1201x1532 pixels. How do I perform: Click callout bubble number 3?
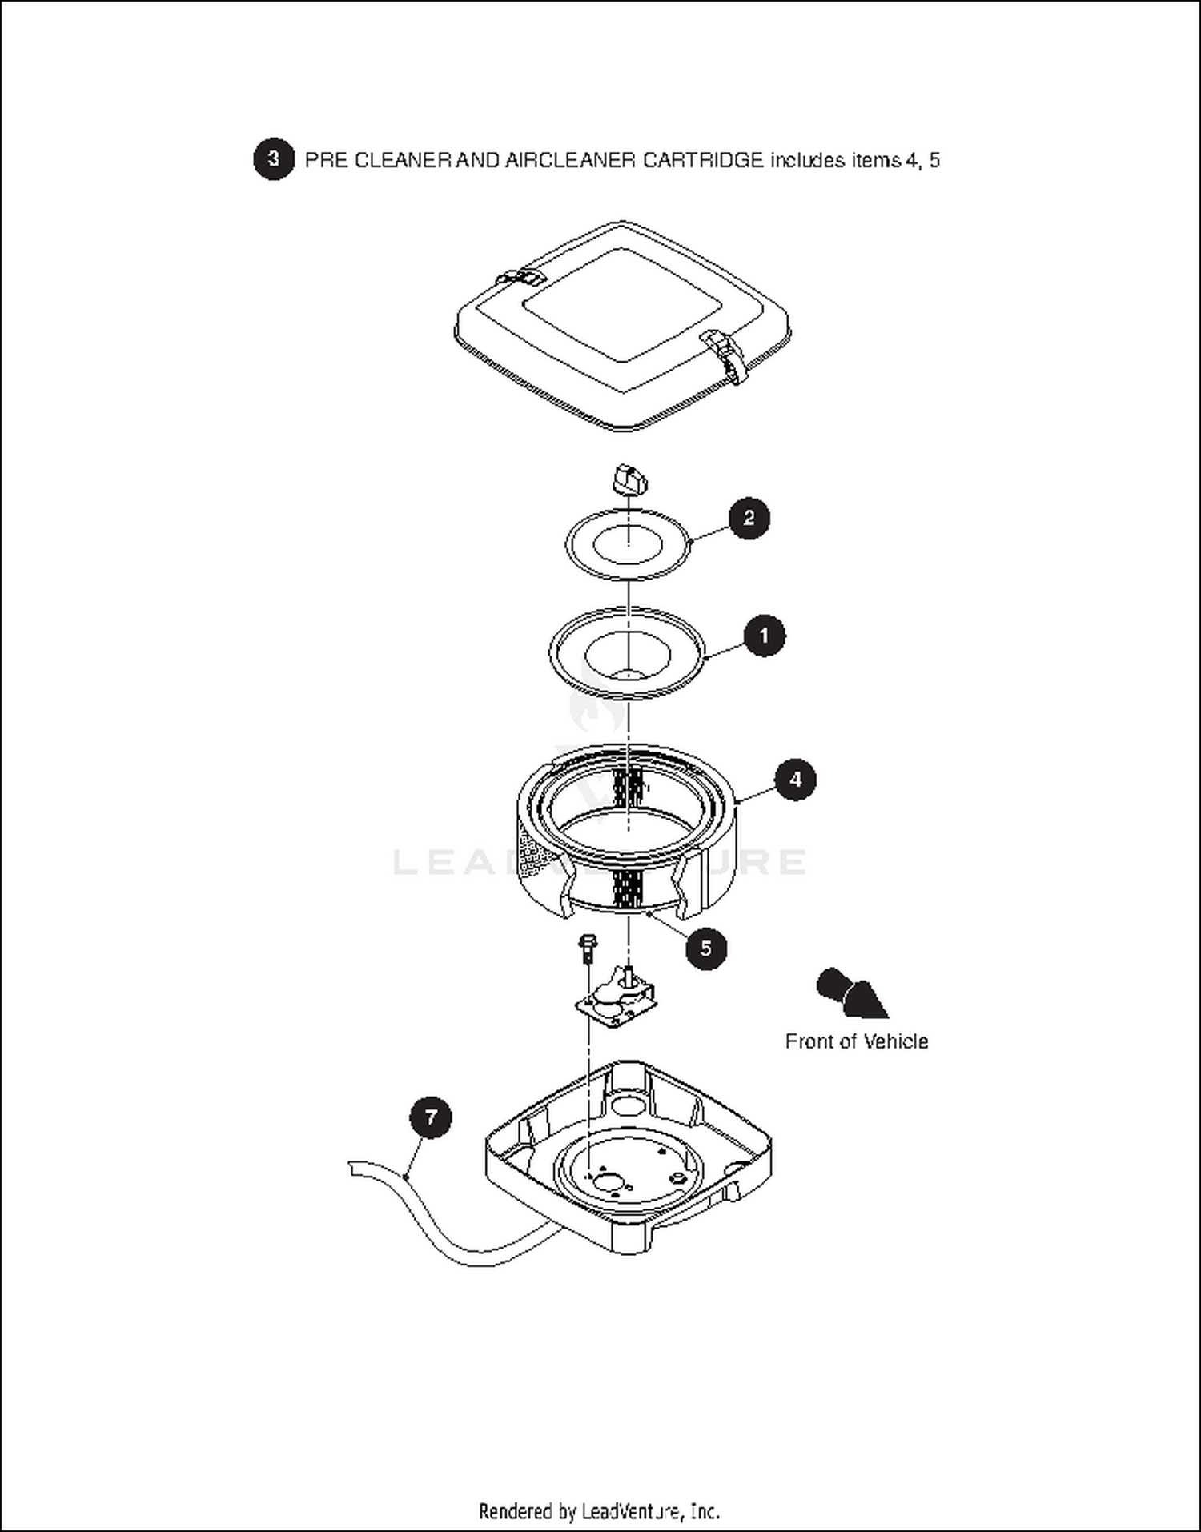coord(274,159)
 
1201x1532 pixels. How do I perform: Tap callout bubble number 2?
coord(749,518)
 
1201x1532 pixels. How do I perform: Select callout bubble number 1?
coord(764,636)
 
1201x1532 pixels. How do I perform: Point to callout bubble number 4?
coord(795,780)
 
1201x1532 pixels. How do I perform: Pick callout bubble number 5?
coord(705,948)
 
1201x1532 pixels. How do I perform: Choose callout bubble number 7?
coord(431,1117)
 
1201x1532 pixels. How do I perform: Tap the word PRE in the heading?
coord(326,160)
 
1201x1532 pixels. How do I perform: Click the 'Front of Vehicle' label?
coord(856,1041)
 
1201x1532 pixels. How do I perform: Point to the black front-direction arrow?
coord(851,993)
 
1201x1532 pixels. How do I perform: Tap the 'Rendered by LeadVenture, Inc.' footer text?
coord(599,1511)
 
